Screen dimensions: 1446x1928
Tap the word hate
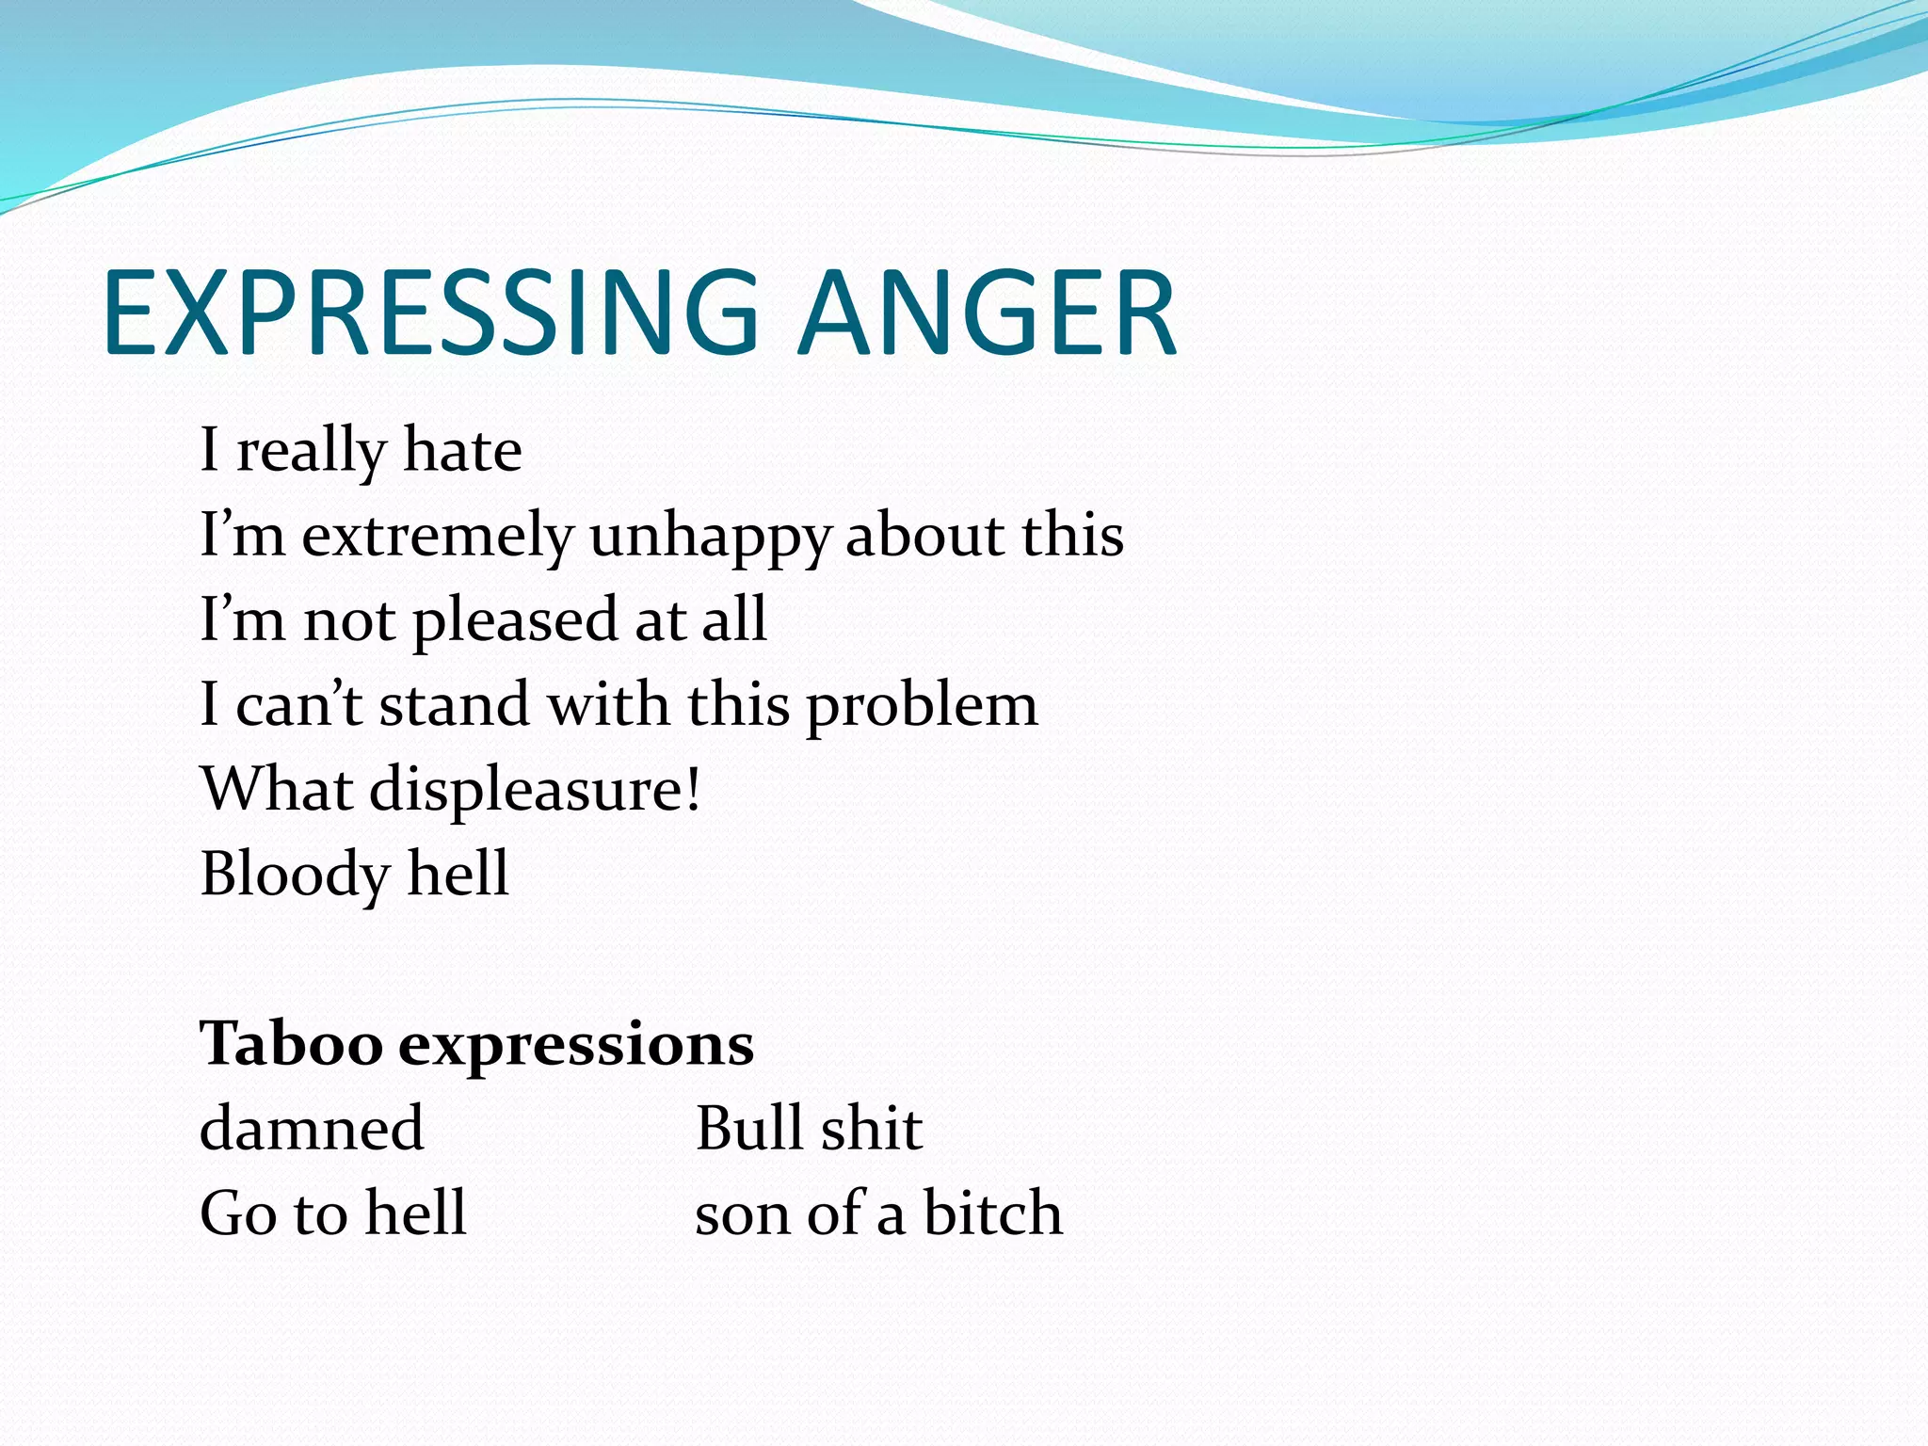462,450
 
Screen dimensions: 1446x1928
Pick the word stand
454,704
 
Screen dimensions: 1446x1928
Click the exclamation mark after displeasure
694,789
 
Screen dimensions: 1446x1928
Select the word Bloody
295,874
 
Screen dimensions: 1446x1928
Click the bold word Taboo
291,1043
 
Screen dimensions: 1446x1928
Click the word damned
312,1128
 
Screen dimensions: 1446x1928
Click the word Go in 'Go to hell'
239,1213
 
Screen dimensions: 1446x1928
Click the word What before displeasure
277,789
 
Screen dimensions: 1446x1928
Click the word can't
298,704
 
